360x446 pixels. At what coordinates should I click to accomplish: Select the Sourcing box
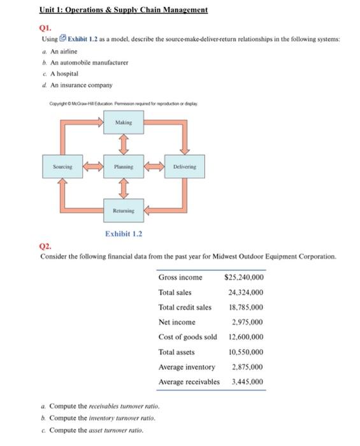coord(62,166)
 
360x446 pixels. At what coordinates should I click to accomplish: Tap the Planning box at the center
coord(124,166)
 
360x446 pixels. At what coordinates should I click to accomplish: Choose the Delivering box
coord(185,166)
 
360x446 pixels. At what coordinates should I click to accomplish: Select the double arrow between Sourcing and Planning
coord(92,166)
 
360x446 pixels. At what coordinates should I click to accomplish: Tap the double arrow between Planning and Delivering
coord(154,166)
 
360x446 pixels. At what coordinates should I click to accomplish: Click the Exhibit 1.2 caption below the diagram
coord(124,234)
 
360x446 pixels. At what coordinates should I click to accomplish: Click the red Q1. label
coord(46,28)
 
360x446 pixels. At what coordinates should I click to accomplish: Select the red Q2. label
coord(46,246)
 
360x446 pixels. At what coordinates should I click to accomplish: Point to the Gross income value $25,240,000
coord(245,277)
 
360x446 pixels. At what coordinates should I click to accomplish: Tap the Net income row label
coord(177,322)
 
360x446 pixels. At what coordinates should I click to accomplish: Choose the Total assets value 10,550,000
coord(246,352)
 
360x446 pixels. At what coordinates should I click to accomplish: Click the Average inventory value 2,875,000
coord(248,367)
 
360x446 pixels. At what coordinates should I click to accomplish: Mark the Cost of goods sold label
coord(187,337)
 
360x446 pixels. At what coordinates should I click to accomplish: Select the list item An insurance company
coord(76,85)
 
